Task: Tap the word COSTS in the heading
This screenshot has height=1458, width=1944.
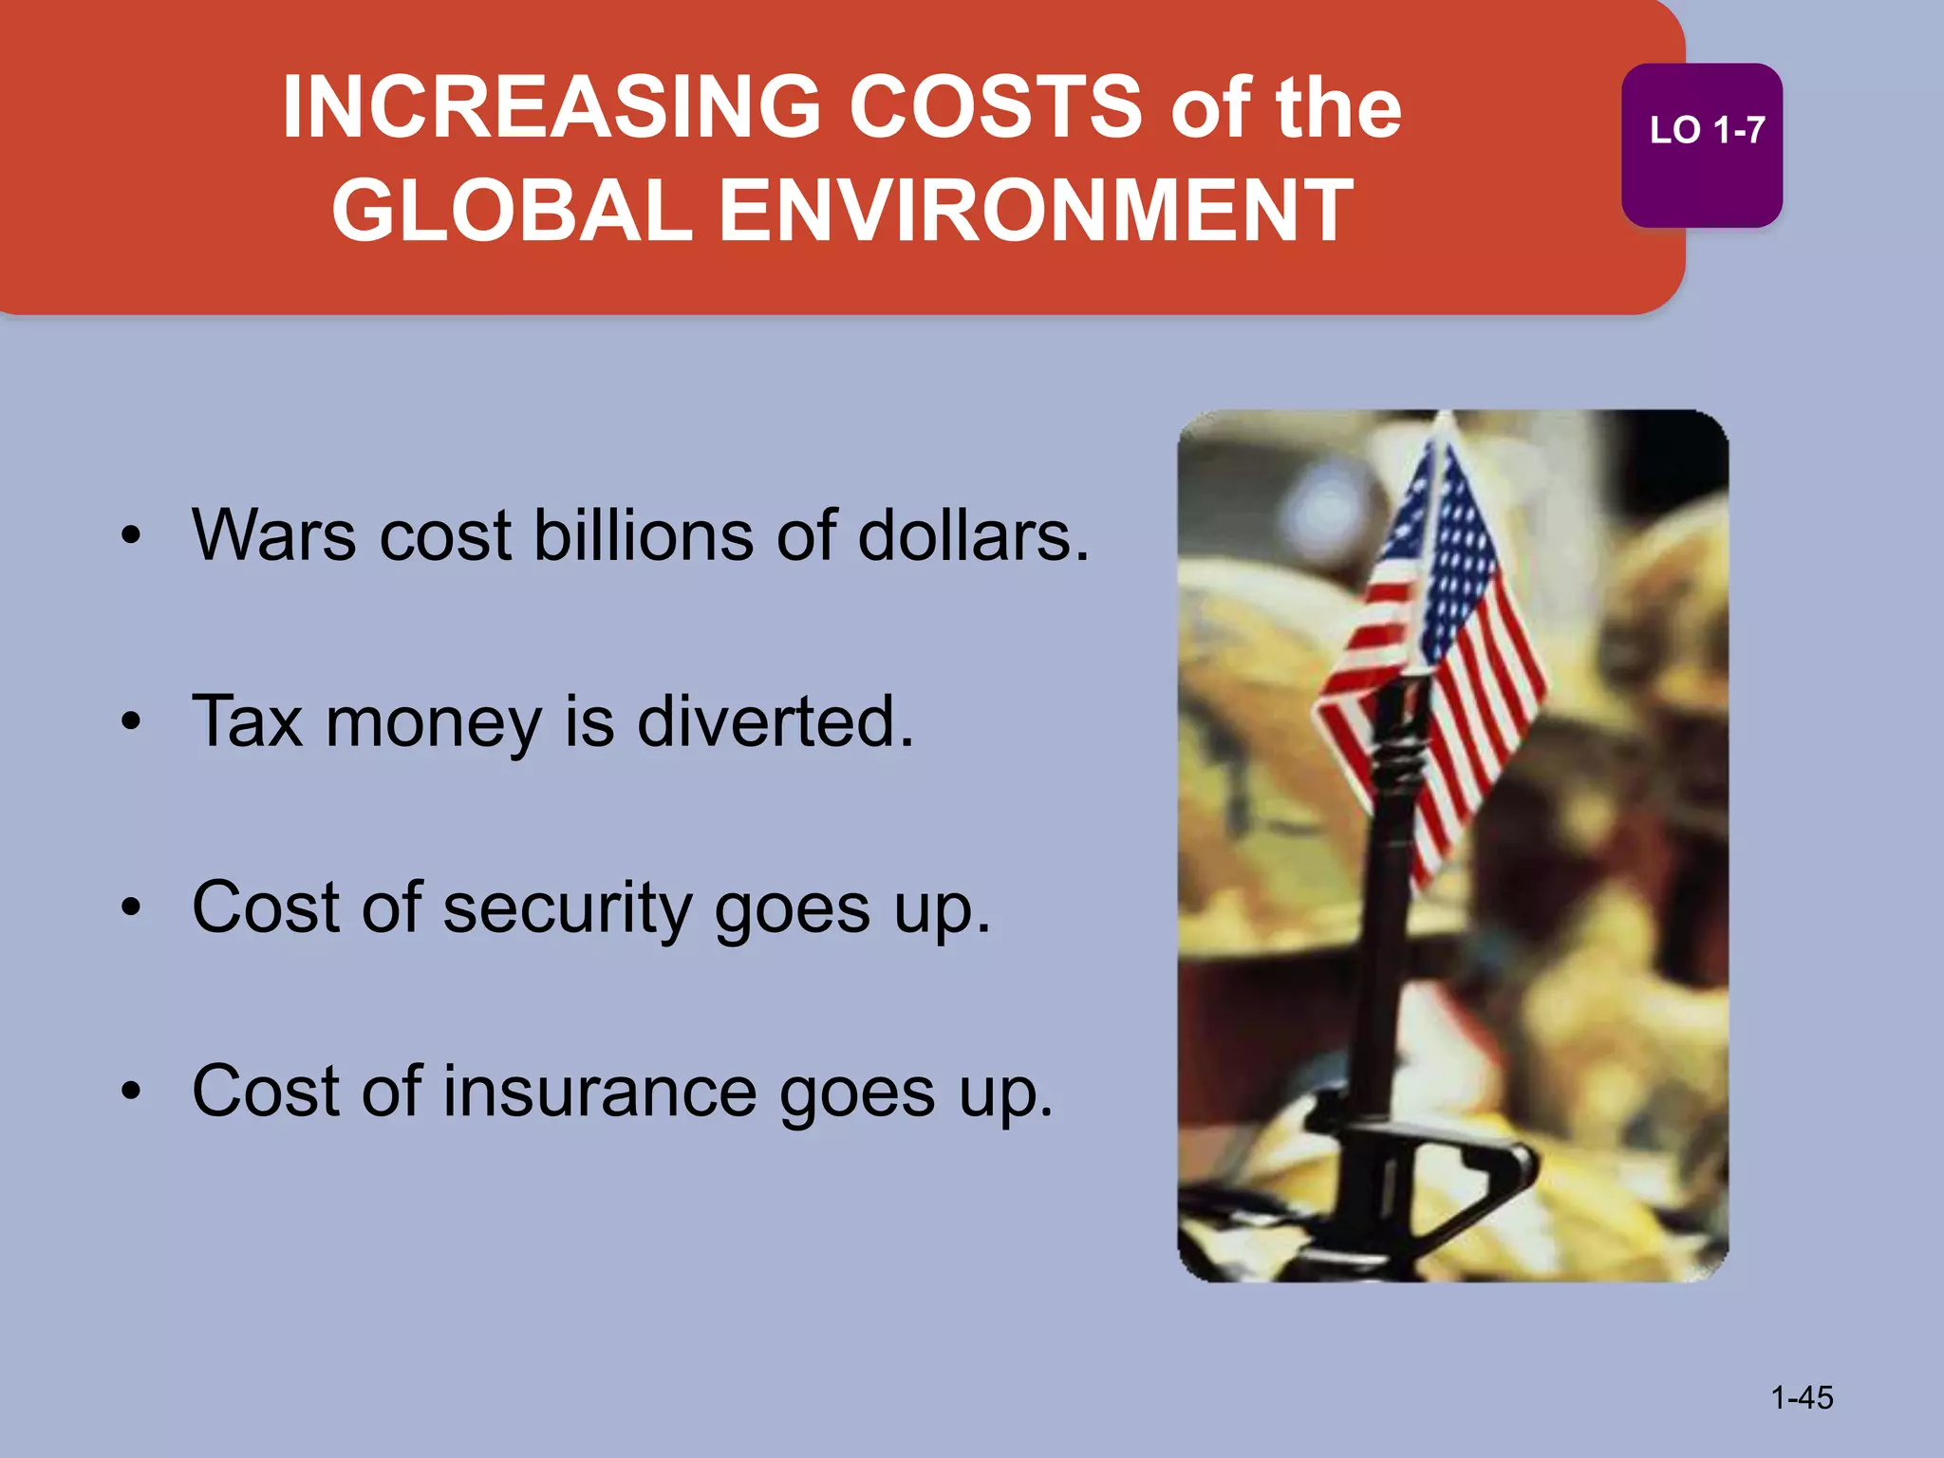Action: [x=996, y=107]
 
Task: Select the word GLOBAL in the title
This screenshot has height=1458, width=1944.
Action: [x=512, y=211]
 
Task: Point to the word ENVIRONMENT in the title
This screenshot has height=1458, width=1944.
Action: [x=1036, y=211]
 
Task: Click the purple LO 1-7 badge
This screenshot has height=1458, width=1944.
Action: [x=1701, y=144]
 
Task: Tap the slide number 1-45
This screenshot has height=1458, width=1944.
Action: [x=1802, y=1397]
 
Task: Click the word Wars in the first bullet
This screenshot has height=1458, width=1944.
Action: [x=274, y=535]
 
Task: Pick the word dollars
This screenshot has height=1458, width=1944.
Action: [x=970, y=535]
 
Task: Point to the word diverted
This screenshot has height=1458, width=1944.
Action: [x=774, y=721]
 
